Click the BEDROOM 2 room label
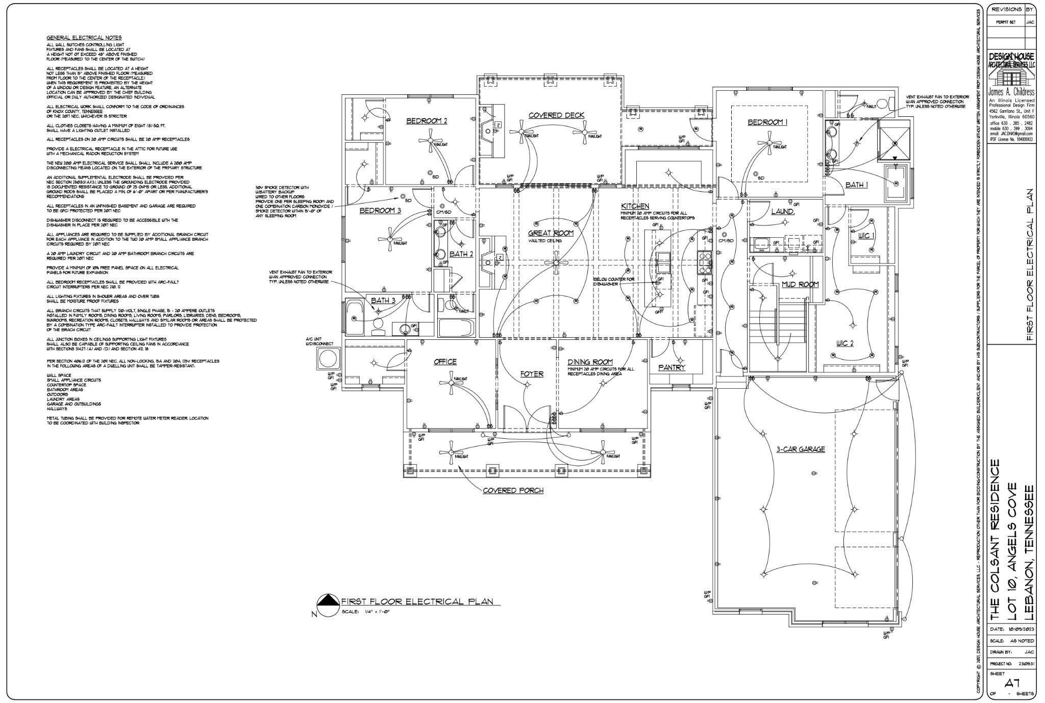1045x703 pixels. click(427, 121)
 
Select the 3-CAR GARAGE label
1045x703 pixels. click(801, 449)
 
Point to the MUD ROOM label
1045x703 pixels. click(800, 284)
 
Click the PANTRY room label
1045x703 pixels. click(672, 367)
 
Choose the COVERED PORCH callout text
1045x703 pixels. click(513, 491)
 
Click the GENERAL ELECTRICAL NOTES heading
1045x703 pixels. click(84, 38)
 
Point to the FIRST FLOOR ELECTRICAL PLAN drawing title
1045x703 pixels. click(417, 602)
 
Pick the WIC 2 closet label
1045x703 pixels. click(844, 343)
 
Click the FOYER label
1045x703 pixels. click(532, 374)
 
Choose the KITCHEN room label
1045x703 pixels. click(635, 206)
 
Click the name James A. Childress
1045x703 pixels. click(1012, 92)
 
